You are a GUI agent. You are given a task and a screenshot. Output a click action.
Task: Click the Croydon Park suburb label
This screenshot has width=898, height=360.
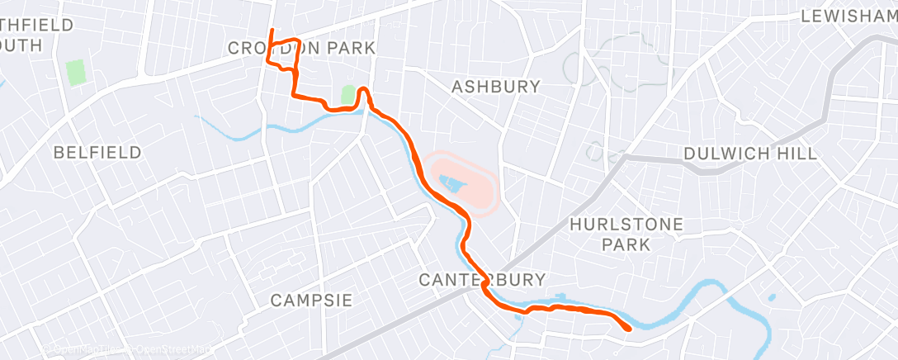[x=301, y=49]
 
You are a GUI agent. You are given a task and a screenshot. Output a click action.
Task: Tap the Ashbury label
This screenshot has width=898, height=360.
[x=496, y=86]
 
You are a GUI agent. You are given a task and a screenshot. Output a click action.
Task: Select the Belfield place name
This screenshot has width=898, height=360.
[x=97, y=153]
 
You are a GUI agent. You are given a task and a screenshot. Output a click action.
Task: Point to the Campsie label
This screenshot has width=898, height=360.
[x=312, y=300]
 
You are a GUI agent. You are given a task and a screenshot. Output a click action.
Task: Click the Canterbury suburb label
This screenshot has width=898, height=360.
[x=483, y=279]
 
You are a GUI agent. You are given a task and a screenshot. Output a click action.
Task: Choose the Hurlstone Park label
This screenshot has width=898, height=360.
[x=626, y=234]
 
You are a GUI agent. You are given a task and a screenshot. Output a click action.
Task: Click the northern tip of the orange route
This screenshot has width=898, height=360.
[x=272, y=31]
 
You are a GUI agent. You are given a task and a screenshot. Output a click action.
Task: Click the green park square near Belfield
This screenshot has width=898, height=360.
[x=76, y=73]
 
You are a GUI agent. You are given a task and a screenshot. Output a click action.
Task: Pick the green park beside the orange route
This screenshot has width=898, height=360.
[x=348, y=95]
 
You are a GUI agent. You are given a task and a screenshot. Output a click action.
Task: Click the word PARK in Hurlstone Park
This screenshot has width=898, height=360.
[x=626, y=244]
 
